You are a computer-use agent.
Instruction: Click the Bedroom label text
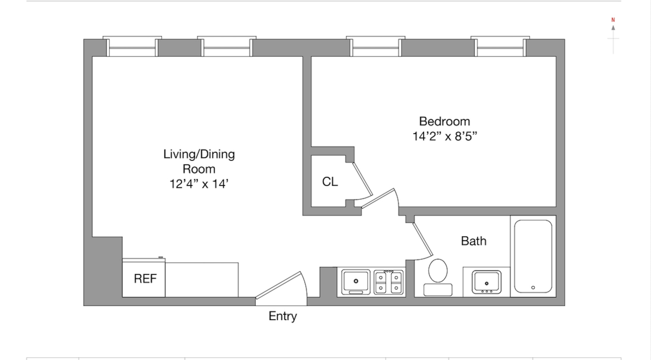click(444, 121)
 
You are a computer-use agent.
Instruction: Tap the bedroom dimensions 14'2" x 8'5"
click(444, 136)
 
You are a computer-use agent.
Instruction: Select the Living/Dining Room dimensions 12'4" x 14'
click(199, 184)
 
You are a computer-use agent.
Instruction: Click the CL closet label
click(330, 182)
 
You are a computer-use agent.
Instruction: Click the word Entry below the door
click(283, 316)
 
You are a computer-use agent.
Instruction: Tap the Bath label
click(473, 241)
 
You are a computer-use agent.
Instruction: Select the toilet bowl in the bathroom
click(438, 271)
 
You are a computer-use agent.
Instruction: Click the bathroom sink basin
click(487, 281)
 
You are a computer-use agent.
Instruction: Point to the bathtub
click(533, 256)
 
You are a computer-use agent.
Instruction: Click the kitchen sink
click(356, 281)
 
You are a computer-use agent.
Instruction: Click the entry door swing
click(282, 287)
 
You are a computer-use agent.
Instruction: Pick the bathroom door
click(423, 239)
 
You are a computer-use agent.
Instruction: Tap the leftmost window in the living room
click(132, 47)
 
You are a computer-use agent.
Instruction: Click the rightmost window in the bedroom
click(500, 47)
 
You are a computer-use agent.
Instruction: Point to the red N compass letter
click(613, 20)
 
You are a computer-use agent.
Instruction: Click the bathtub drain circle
click(533, 287)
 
